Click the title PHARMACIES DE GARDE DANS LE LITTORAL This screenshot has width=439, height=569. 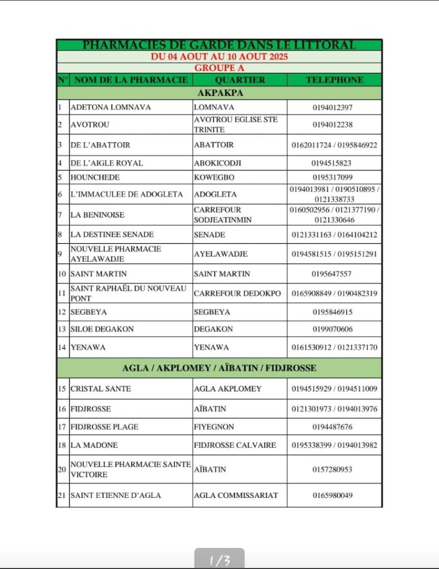(x=219, y=45)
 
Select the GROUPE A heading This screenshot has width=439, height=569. (x=219, y=68)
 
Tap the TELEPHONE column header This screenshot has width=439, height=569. (x=335, y=80)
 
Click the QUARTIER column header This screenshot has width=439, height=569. (x=240, y=80)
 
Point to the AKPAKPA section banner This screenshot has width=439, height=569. (x=219, y=93)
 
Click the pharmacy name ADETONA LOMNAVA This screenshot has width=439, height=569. (x=111, y=107)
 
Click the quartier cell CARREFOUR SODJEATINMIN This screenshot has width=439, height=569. (x=223, y=215)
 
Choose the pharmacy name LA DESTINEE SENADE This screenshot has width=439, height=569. (x=112, y=234)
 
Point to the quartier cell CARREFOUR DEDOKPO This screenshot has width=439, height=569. (x=237, y=293)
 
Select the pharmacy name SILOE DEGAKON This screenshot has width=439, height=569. (x=102, y=329)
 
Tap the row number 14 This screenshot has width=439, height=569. (x=62, y=348)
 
